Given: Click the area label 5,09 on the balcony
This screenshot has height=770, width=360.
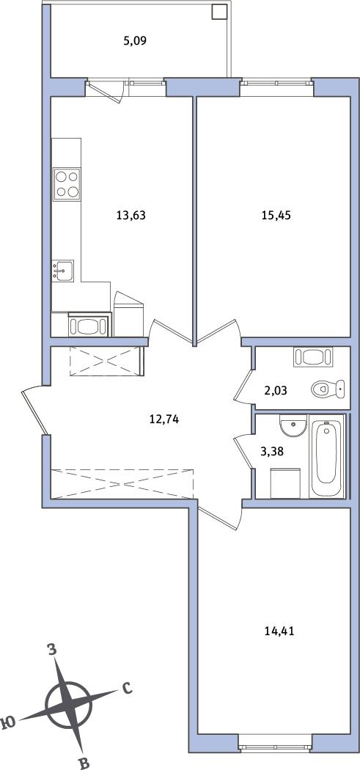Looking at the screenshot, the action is (135, 41).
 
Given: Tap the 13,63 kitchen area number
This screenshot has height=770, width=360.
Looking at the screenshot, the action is (132, 214).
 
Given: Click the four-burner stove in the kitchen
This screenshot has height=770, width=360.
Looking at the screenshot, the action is (67, 183).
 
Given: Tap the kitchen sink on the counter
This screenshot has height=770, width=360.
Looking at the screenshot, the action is (63, 271).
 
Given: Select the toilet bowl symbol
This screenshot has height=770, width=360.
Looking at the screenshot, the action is (328, 389).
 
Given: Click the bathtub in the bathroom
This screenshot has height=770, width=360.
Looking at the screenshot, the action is (326, 455).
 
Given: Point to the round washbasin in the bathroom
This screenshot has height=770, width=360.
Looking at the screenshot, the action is (293, 426).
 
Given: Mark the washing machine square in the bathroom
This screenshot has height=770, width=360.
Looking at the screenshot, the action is (285, 483).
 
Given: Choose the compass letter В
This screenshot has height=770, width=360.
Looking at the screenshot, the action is (84, 762).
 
